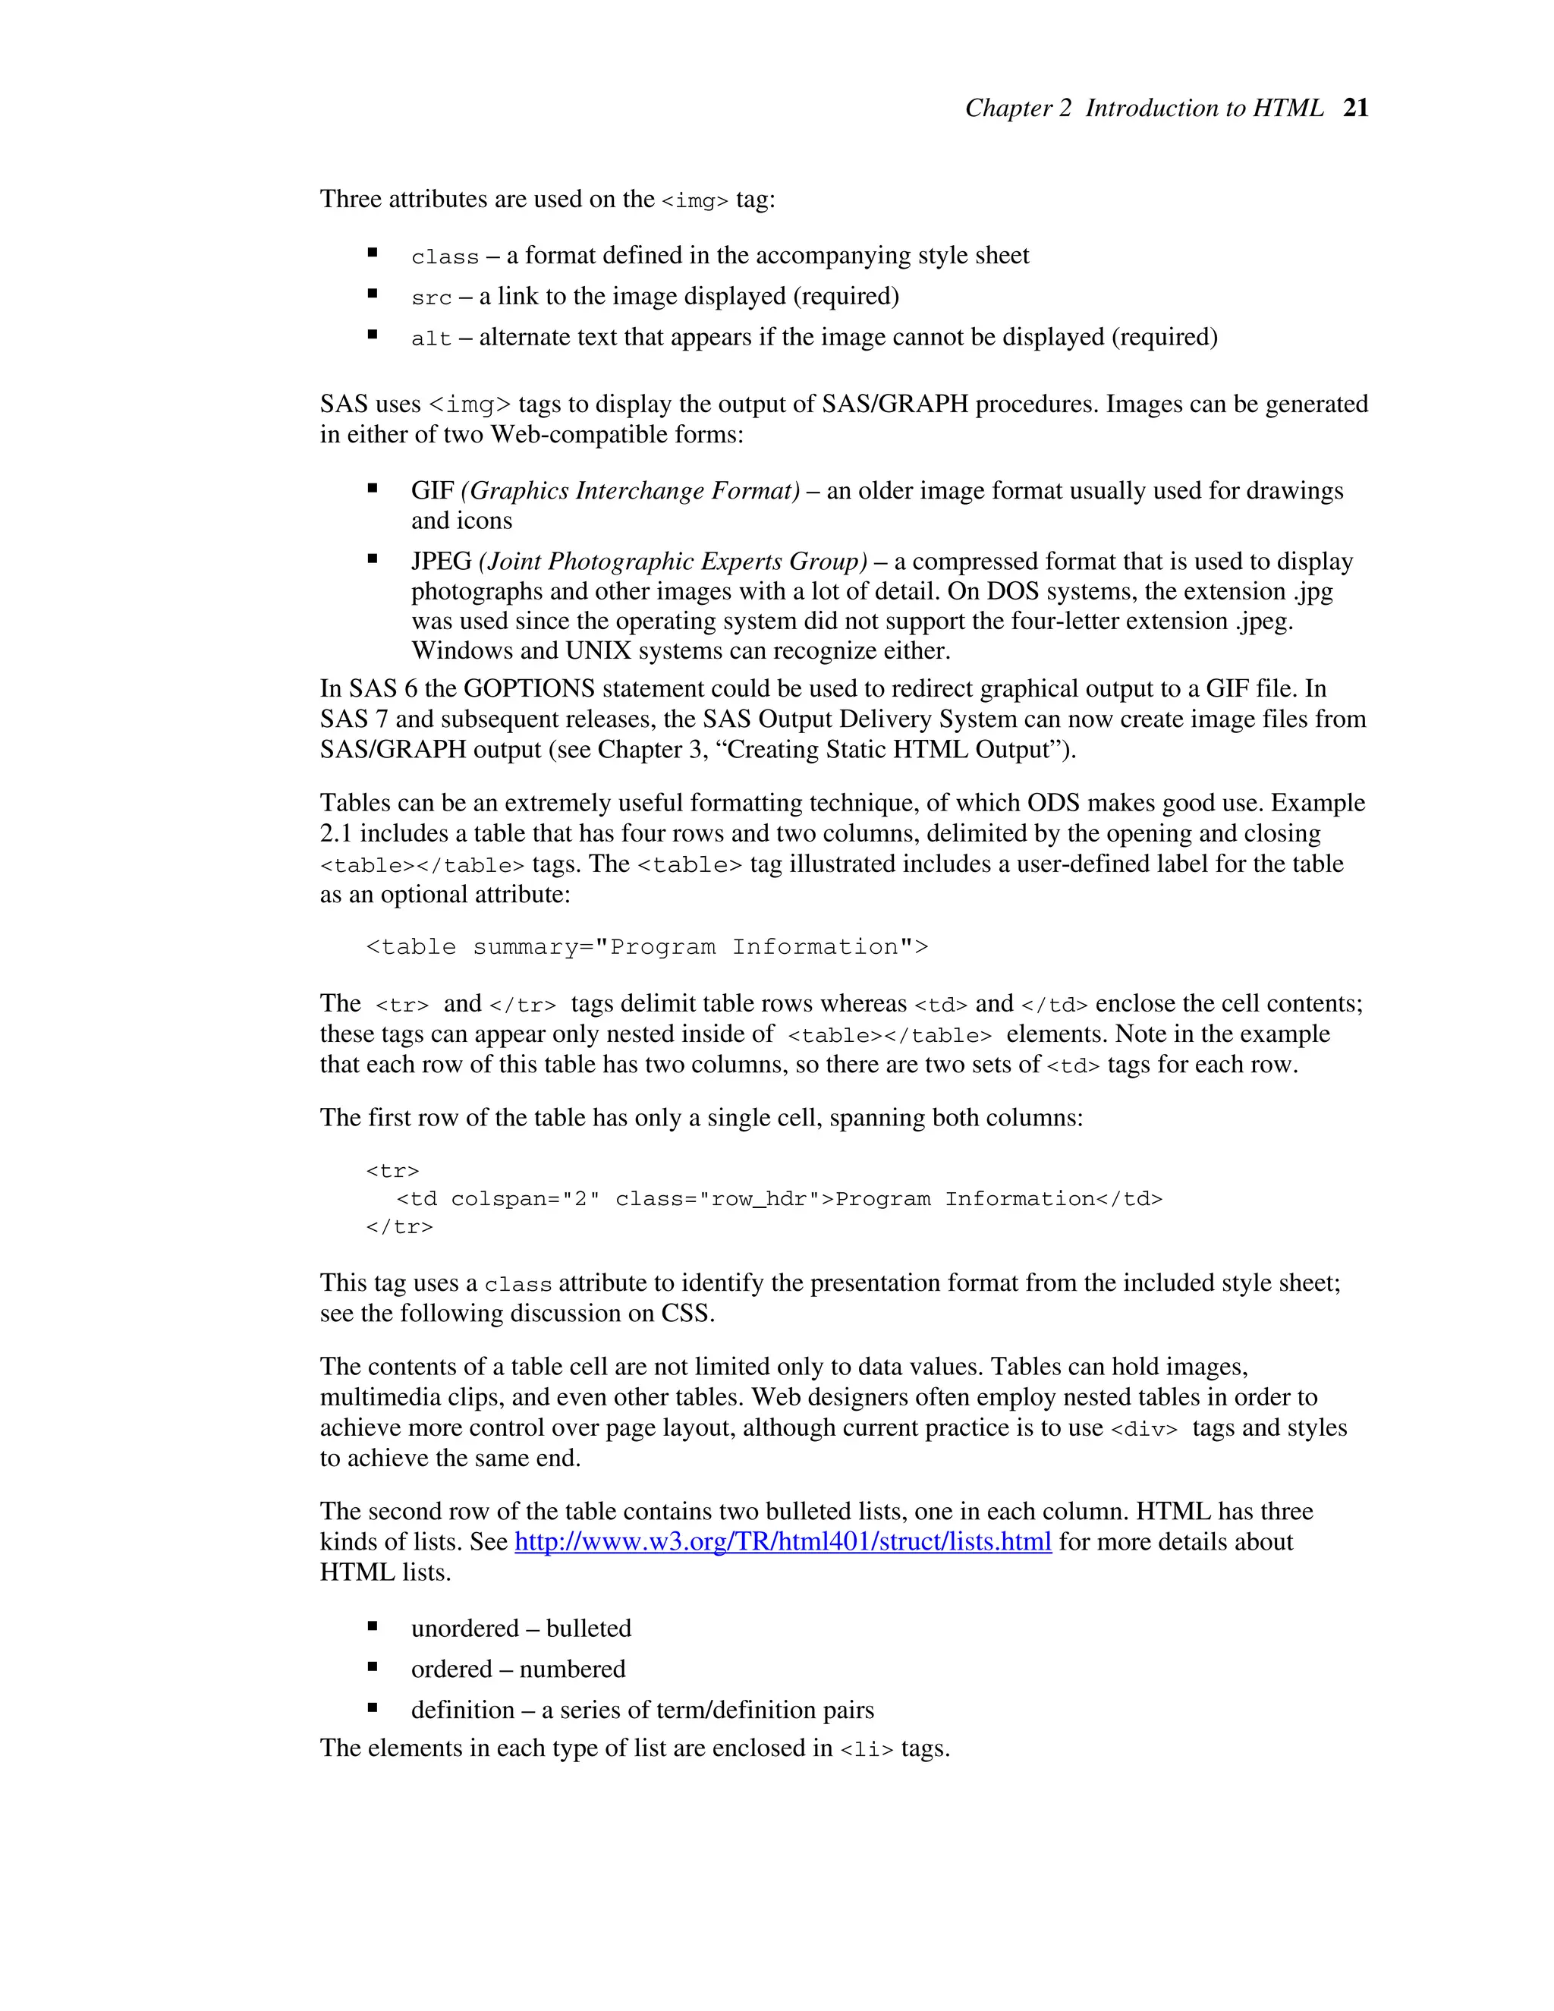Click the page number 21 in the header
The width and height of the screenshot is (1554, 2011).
coord(1355,108)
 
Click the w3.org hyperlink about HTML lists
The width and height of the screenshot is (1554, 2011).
coord(782,1541)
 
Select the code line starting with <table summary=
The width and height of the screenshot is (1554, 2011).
coord(646,946)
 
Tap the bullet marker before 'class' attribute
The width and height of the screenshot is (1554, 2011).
coord(373,252)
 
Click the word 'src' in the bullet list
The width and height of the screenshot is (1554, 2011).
coord(431,298)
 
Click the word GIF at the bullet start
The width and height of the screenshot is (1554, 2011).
coord(433,491)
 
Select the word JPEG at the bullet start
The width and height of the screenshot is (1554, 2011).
coord(441,562)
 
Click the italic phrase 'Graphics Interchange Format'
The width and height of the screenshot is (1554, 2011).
coord(631,491)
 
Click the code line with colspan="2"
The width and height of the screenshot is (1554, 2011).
coord(779,1199)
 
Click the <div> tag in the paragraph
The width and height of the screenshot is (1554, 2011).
coord(1144,1429)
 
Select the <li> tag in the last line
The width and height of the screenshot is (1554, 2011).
coord(867,1749)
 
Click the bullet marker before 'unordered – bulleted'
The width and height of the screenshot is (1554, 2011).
coord(373,1626)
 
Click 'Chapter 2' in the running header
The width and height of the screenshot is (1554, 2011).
coord(1018,108)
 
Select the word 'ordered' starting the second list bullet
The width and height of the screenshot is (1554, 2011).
coord(451,1669)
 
